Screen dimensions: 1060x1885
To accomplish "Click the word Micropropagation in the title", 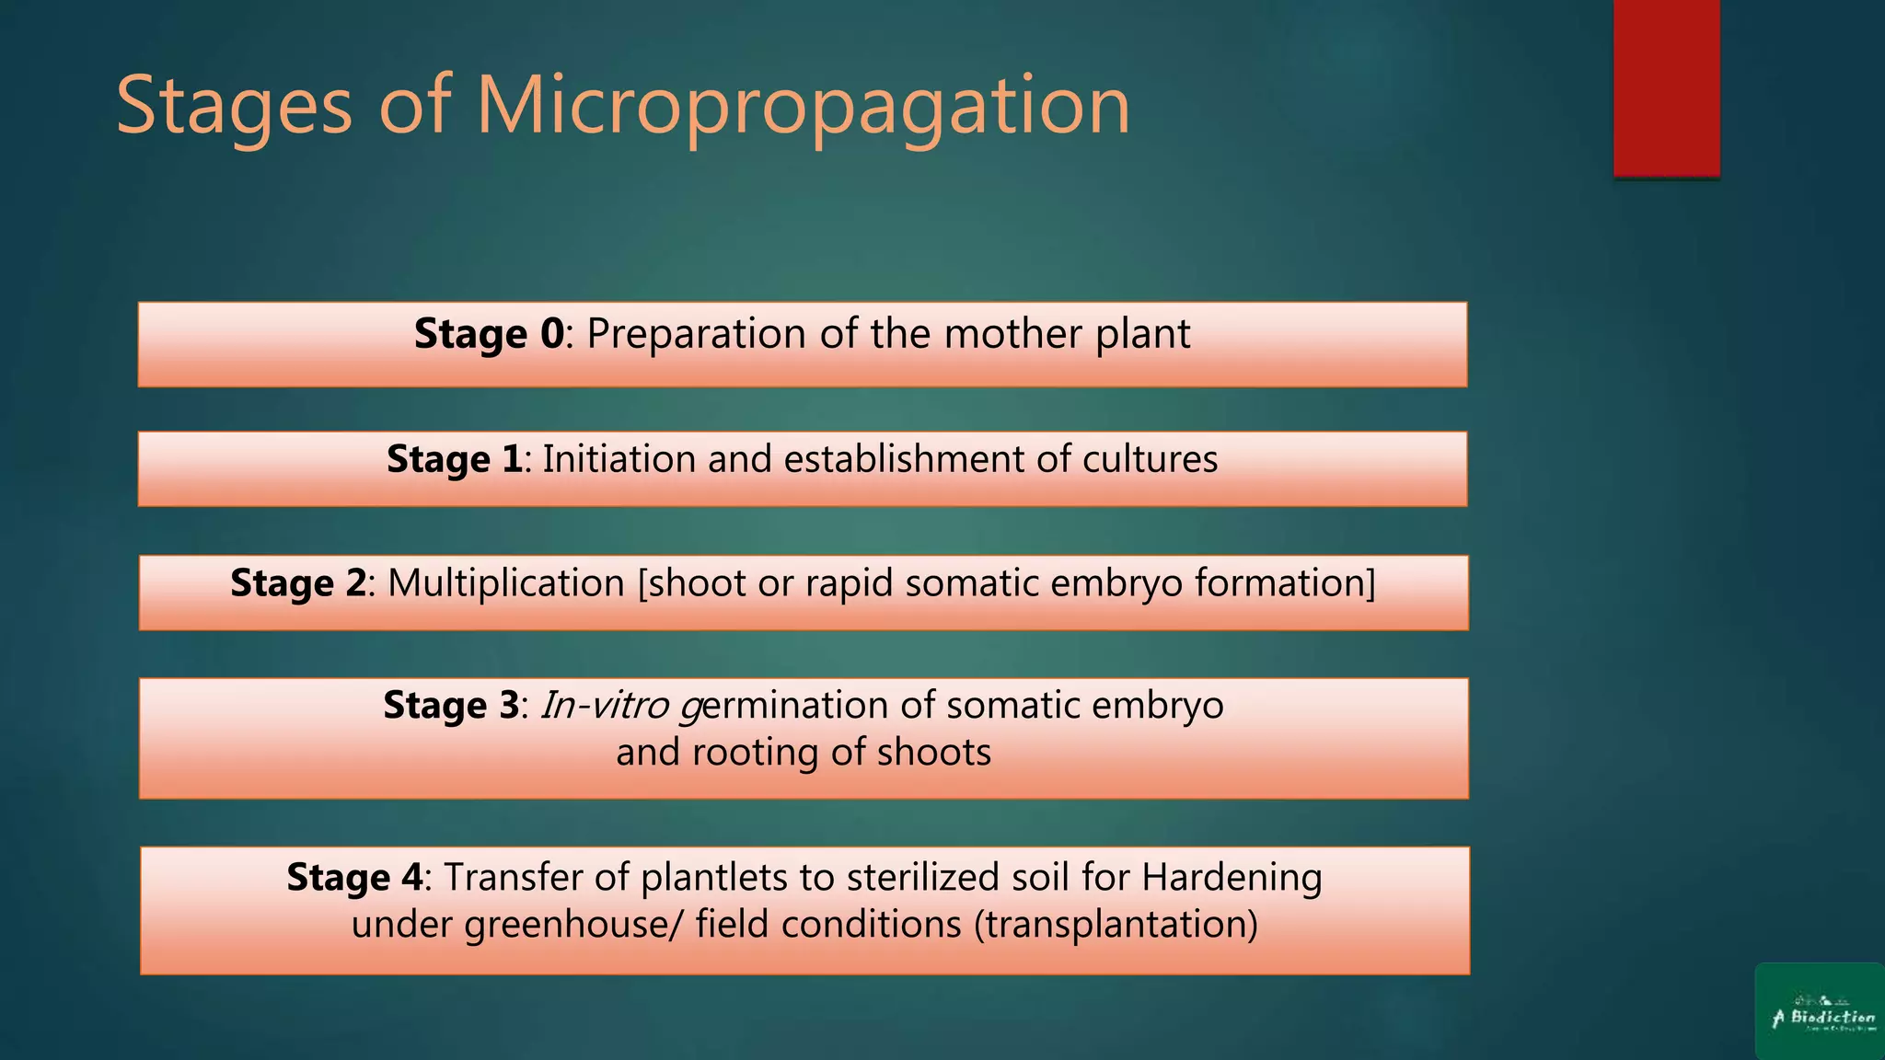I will (x=803, y=107).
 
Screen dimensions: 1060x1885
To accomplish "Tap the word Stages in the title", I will (x=234, y=107).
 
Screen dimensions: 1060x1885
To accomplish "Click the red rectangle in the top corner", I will (x=1666, y=87).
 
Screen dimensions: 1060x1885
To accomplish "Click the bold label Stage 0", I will (x=488, y=334).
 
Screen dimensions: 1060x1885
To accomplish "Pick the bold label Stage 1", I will (x=454, y=459).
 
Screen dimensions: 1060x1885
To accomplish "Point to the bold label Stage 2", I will (x=297, y=583).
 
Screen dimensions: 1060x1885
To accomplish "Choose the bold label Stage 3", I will (x=451, y=706).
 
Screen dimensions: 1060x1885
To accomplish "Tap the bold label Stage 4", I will (x=354, y=878).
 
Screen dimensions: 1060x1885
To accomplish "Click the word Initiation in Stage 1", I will (x=619, y=459).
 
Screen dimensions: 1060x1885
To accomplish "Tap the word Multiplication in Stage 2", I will (x=506, y=583).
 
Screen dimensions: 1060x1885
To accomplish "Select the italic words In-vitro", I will (x=604, y=706).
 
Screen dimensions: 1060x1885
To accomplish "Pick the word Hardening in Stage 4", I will (x=1232, y=878).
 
